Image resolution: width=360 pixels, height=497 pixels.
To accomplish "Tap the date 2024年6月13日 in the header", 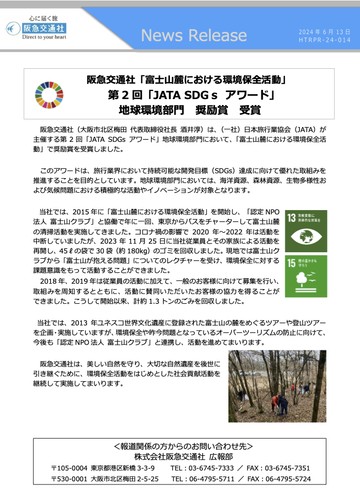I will click(x=321, y=32).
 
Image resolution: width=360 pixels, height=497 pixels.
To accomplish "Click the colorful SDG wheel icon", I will click(x=49, y=95).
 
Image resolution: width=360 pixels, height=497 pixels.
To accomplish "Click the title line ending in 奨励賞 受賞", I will click(x=189, y=110).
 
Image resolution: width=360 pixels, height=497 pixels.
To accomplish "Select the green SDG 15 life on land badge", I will click(x=306, y=276).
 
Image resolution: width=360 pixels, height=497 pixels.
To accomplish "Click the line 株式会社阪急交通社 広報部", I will click(x=180, y=456).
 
